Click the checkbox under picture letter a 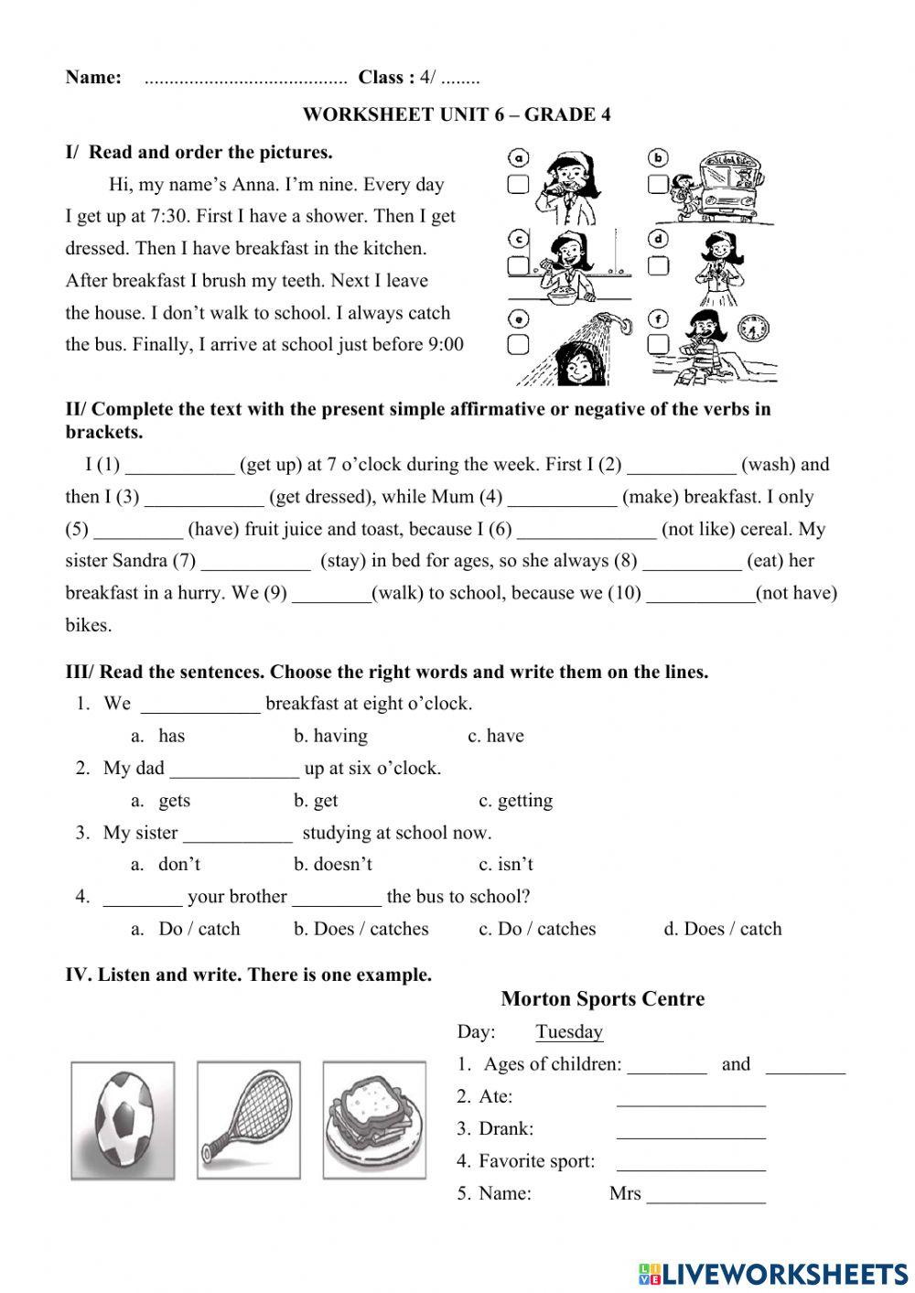tap(518, 185)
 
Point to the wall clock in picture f tap(755, 328)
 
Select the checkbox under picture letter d tap(658, 265)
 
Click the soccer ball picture tap(123, 1120)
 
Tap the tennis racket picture tap(248, 1119)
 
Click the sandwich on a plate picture tap(374, 1119)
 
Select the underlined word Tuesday tap(569, 1032)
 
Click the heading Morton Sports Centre tap(603, 999)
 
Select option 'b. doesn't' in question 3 tap(333, 865)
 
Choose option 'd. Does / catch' tap(722, 929)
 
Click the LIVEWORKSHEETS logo tap(773, 1274)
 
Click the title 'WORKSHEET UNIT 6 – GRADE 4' tap(457, 114)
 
